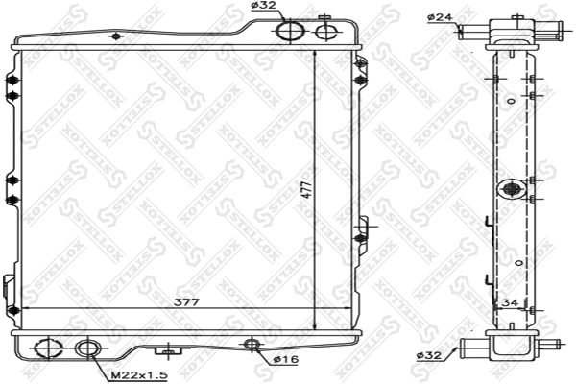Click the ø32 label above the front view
pyautogui.click(x=265, y=8)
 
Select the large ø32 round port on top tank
pyautogui.click(x=289, y=32)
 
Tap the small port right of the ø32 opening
pyautogui.click(x=326, y=31)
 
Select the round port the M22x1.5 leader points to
pyautogui.click(x=87, y=349)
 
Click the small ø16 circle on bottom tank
pyautogui.click(x=253, y=345)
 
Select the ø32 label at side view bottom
pyautogui.click(x=429, y=355)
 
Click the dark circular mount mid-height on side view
pyautogui.click(x=511, y=187)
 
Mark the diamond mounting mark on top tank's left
pyautogui.click(x=117, y=37)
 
